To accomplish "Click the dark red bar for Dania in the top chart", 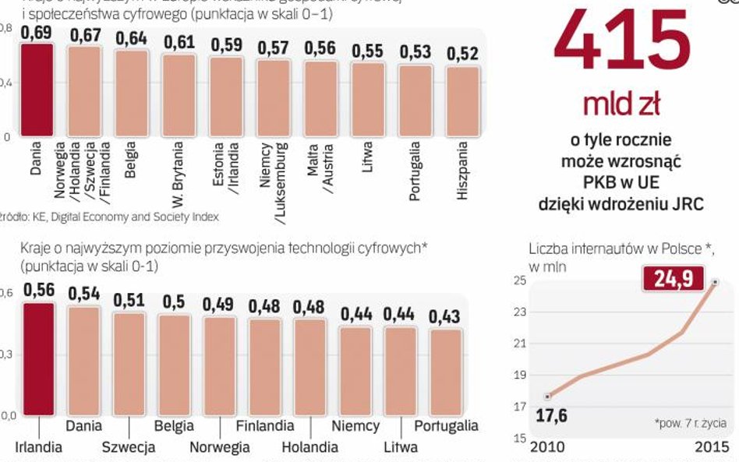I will click(x=37, y=89).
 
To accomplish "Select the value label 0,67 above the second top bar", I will click(x=85, y=35).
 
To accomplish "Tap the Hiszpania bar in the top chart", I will click(x=462, y=101).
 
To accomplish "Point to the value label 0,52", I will click(x=462, y=54).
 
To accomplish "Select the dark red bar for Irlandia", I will click(x=38, y=358).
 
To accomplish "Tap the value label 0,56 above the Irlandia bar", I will click(x=38, y=290).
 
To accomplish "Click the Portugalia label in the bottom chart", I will click(x=446, y=426).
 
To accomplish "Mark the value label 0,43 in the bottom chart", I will click(x=445, y=317).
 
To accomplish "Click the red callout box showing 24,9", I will click(x=671, y=278).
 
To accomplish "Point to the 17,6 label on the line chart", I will click(x=552, y=415).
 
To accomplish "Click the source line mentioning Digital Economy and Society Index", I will click(x=109, y=217).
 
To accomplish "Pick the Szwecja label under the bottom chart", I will click(x=129, y=447).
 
